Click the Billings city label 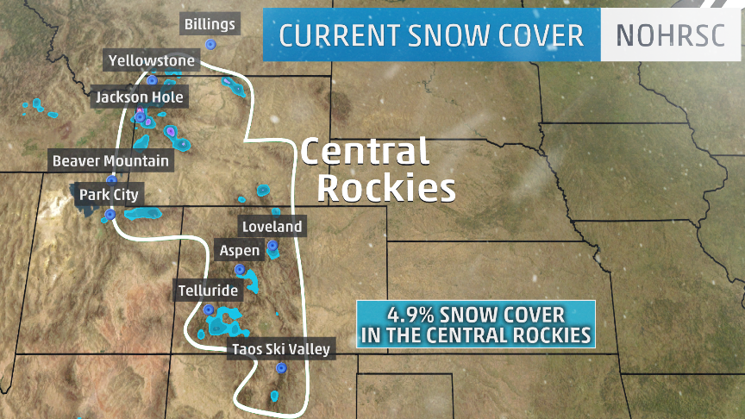pos(210,24)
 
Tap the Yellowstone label pos(152,60)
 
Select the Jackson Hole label pos(140,97)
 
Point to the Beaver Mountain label pos(111,160)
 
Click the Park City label pos(109,195)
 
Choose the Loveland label pos(272,227)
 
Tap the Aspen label pos(240,250)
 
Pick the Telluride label pos(207,291)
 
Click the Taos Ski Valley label pos(280,349)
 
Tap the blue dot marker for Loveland pos(272,246)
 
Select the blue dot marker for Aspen pos(240,269)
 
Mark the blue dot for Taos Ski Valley pos(280,368)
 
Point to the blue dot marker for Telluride pos(208,309)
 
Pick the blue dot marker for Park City pos(109,214)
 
